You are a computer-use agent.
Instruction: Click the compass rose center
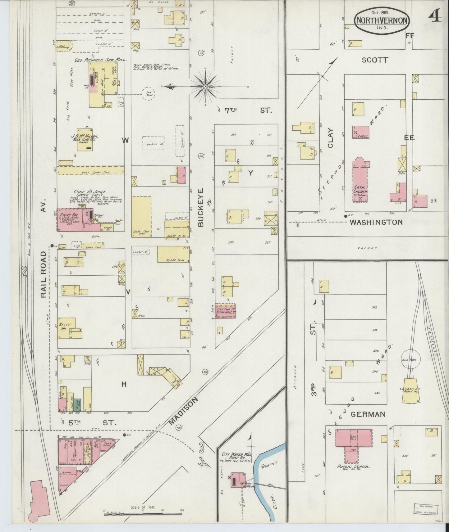click(x=205, y=86)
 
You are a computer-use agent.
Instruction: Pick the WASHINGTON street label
click(x=376, y=222)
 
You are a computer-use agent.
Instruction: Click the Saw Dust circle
click(x=148, y=94)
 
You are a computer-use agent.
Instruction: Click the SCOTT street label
click(x=375, y=60)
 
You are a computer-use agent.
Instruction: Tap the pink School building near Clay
click(x=360, y=132)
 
